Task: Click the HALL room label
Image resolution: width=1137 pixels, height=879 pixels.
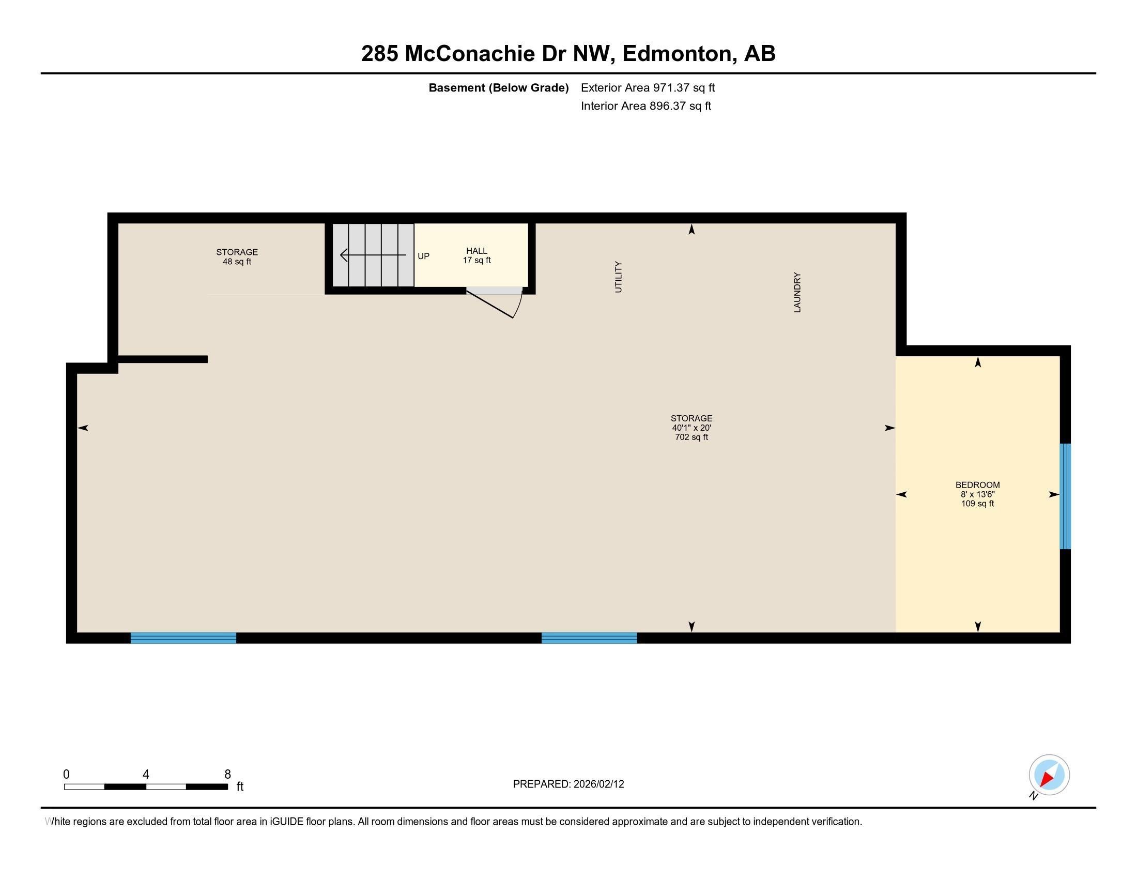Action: point(477,251)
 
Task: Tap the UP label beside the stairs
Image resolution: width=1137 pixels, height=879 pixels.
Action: point(423,256)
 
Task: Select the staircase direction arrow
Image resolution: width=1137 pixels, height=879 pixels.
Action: point(373,255)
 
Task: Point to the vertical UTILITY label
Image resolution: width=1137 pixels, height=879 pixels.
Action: point(619,277)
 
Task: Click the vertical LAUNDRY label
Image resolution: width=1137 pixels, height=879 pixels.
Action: point(797,292)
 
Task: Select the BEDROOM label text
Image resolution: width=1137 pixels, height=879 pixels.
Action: point(977,485)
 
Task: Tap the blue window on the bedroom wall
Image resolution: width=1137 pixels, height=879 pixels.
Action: point(1065,496)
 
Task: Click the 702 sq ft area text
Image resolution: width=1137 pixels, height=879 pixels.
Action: point(692,437)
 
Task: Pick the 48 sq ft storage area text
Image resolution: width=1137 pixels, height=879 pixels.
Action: point(237,262)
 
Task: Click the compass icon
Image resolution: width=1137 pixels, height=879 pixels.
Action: point(1049,775)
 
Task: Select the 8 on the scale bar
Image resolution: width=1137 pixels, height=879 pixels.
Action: point(227,775)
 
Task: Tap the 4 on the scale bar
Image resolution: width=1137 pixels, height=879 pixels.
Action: point(146,775)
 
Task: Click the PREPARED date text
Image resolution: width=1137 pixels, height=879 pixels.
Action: point(568,784)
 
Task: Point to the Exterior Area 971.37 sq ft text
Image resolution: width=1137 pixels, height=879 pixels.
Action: point(648,87)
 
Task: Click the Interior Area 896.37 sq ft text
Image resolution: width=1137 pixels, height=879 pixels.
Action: point(646,106)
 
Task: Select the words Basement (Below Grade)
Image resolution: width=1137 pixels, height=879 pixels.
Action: point(498,87)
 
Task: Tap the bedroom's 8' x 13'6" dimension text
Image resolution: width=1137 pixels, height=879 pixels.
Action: point(977,494)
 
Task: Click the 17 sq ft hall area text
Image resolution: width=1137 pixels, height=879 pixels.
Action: point(477,261)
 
